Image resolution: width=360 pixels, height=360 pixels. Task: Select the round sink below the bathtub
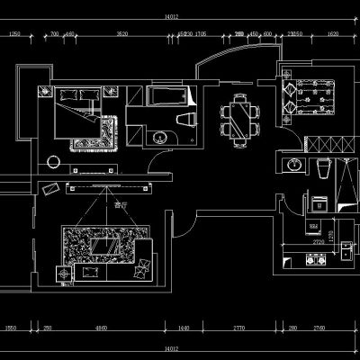tap(161, 138)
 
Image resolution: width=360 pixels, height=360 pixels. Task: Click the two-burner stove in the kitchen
tap(315, 260)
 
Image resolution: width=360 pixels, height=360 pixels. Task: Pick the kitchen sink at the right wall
tap(344, 256)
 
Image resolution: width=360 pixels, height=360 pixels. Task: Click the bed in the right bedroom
tap(312, 98)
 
